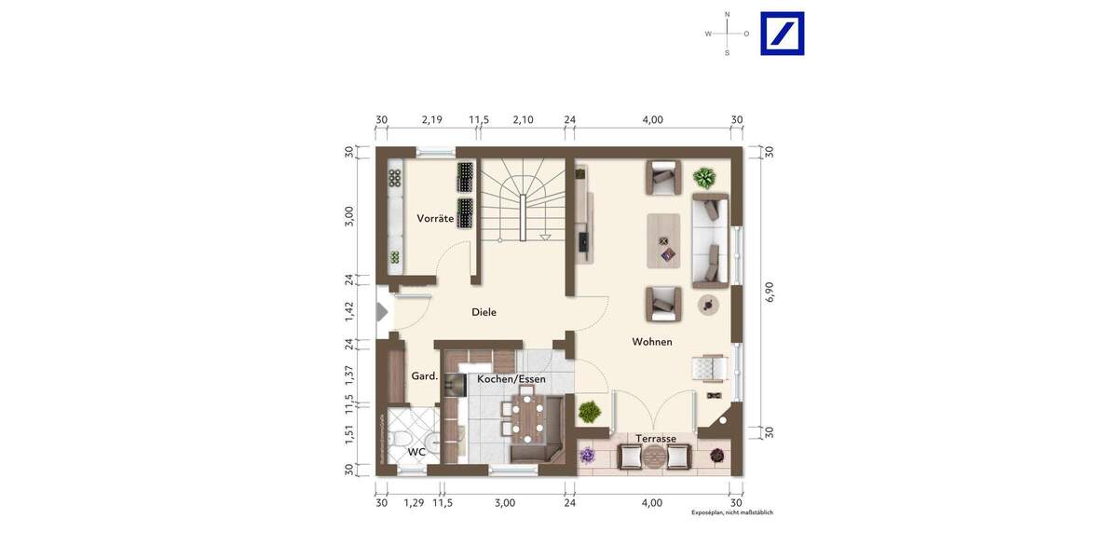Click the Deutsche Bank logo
tap(782, 34)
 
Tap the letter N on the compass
tap(728, 14)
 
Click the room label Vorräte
tap(435, 218)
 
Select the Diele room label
tap(484, 312)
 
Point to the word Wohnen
tap(652, 342)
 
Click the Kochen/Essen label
tap(511, 379)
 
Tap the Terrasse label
tap(656, 438)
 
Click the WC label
tap(416, 452)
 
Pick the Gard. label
tap(425, 376)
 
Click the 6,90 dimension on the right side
tap(769, 291)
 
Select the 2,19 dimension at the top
tap(431, 119)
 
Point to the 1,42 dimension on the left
tap(349, 312)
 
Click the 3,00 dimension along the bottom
tap(504, 502)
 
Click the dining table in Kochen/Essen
tap(526, 417)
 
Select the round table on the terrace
tap(655, 457)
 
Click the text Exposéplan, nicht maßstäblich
tap(731, 512)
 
